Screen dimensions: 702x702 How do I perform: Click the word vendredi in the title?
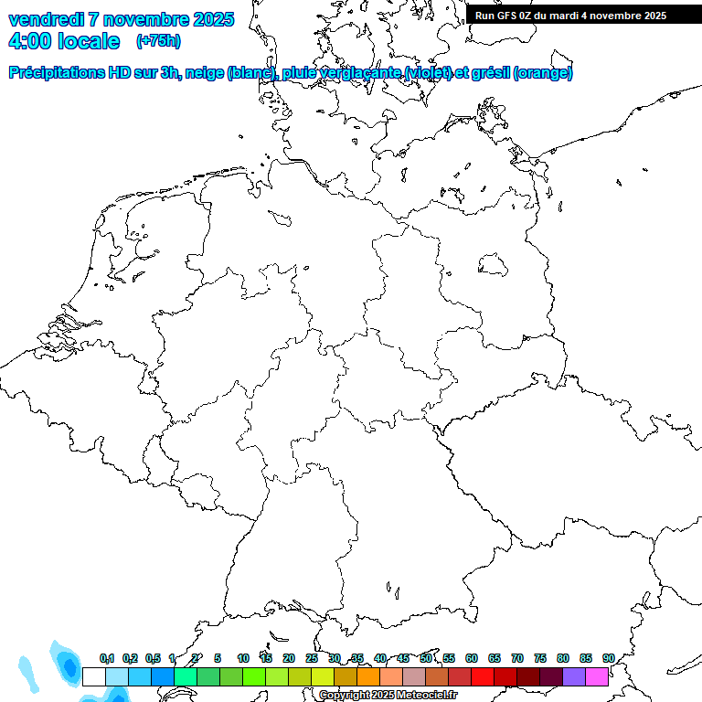pos(46,19)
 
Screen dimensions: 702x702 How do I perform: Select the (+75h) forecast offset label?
pos(158,41)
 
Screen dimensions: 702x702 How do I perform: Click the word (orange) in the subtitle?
pos(544,73)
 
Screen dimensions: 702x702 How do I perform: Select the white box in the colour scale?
pos(94,676)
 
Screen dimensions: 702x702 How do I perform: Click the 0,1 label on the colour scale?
pos(107,658)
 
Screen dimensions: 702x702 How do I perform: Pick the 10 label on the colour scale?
pos(243,658)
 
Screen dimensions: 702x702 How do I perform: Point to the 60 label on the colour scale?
pos(472,658)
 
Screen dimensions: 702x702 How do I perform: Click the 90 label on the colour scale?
pos(609,658)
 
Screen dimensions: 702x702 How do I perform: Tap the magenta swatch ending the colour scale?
pos(597,676)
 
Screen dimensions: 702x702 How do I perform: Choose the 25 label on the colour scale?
pos(312,658)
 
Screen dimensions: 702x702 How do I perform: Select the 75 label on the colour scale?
pos(540,658)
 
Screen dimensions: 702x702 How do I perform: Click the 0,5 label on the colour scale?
pos(153,658)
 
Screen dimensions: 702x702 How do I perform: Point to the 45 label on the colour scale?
pos(403,658)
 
